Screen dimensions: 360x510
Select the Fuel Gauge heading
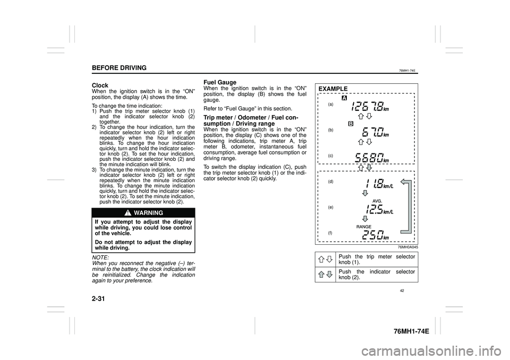click(219, 82)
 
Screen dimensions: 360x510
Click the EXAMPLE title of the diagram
click(334, 89)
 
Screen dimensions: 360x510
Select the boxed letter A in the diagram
click(345, 99)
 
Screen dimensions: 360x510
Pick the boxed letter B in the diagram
click(351, 123)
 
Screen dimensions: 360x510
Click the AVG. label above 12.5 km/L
click(377, 201)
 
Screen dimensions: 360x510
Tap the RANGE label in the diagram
click(364, 227)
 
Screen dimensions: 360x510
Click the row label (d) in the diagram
click(330, 181)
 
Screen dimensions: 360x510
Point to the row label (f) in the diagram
click(330, 233)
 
